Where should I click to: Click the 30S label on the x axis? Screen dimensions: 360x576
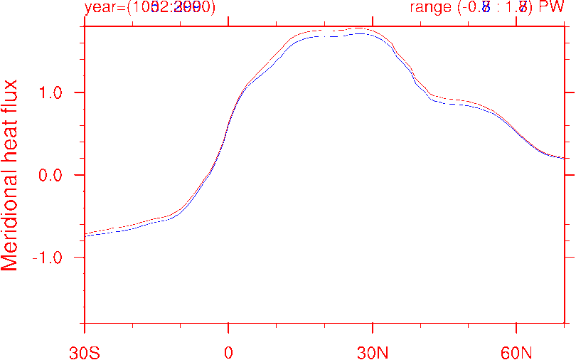85,351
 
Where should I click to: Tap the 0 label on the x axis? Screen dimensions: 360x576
228,351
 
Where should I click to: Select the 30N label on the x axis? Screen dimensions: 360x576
373,351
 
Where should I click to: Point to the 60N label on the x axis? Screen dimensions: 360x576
516,351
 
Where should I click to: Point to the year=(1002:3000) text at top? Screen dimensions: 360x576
149,8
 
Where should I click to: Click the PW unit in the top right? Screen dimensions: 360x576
552,8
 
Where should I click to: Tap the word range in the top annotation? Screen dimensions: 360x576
430,8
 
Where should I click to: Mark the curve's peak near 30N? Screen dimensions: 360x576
359,30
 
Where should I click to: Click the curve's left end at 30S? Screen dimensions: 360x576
85,234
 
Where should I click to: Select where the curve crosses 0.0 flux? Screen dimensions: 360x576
213,175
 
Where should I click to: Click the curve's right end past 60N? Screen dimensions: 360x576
565,158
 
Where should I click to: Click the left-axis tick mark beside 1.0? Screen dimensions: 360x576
88,92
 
